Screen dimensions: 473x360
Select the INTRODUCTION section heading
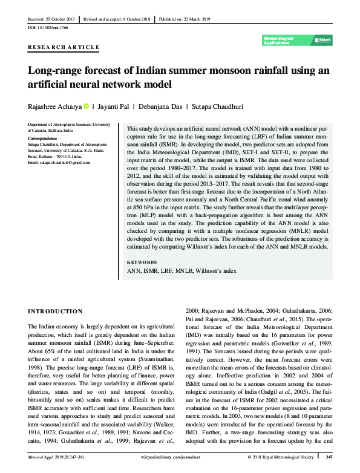click(x=56, y=311)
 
